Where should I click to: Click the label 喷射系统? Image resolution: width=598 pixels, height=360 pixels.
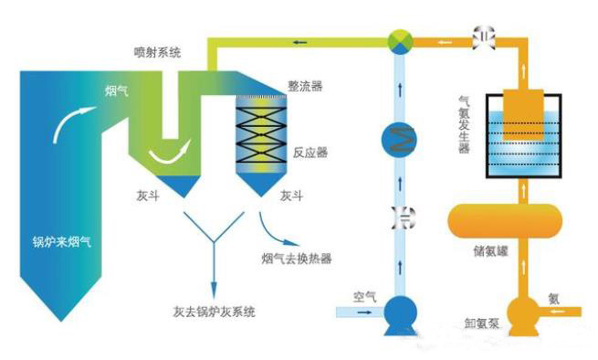coord(157,52)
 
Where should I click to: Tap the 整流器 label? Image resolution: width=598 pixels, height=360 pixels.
coord(305,86)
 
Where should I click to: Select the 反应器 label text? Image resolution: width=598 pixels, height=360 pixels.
coord(310,153)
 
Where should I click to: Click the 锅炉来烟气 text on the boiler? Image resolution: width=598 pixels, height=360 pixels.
coord(62,241)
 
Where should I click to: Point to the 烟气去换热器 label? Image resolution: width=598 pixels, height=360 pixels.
coord(297,259)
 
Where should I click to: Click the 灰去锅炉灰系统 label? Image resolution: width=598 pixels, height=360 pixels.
coord(214,312)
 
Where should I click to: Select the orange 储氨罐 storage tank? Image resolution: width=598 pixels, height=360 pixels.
coord(505,221)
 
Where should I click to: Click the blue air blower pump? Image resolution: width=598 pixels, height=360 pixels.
coord(400,315)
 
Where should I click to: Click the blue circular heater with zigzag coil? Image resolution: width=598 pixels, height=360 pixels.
coord(399,140)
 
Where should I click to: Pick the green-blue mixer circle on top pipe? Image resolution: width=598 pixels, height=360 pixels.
coord(400,41)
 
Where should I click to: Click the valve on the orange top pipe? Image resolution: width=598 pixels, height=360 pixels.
coord(484,37)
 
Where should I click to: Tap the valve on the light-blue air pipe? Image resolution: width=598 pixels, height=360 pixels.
coord(404,218)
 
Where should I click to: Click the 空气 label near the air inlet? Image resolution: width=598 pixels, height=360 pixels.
coord(364,296)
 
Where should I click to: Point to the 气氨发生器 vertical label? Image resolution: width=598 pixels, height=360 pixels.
coord(464,124)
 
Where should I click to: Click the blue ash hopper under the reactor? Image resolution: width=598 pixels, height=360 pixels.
coord(261,185)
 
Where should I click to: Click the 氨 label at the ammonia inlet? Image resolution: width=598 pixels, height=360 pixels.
coord(554,299)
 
